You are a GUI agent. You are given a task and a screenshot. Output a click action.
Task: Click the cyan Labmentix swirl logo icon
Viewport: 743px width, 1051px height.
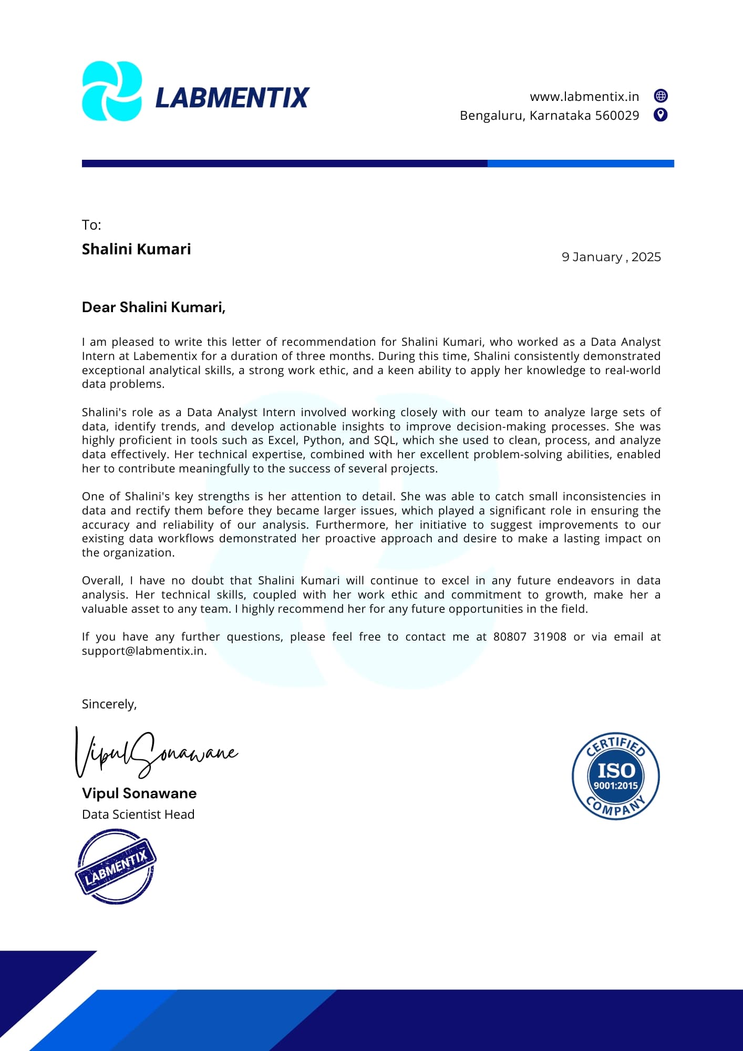(112, 91)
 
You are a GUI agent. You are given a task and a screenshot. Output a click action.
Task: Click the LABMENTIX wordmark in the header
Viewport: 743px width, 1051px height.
(232, 98)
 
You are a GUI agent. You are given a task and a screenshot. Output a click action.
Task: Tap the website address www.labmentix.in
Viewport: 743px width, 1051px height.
(584, 97)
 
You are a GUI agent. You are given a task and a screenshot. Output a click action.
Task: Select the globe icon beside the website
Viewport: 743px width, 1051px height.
(661, 96)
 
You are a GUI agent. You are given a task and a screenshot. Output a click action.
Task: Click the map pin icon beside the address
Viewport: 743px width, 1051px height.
(661, 115)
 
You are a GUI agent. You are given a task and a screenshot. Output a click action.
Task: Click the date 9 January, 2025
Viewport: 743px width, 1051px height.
(611, 257)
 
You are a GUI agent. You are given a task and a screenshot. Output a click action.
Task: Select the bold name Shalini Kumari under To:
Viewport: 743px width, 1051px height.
(136, 249)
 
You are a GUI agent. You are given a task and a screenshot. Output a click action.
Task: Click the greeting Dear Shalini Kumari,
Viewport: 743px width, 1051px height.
(153, 307)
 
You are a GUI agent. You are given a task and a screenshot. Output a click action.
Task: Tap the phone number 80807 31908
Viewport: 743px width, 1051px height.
(529, 637)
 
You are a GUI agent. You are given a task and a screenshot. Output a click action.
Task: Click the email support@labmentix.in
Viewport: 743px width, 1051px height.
(143, 651)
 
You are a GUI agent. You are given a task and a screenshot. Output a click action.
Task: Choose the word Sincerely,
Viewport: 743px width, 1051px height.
(109, 704)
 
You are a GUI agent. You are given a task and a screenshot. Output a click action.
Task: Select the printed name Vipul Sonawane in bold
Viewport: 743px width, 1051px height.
(139, 794)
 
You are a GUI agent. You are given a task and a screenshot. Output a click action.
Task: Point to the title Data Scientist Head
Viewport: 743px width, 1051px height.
(138, 815)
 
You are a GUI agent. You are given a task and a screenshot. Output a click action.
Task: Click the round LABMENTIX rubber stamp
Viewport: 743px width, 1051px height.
(116, 866)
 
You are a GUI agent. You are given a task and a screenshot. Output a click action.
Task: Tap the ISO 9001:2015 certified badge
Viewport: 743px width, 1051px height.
(615, 776)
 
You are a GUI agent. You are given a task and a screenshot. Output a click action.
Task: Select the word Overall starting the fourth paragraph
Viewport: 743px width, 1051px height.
(102, 581)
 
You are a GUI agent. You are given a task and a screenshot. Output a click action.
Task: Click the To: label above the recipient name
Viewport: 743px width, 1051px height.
(91, 225)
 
